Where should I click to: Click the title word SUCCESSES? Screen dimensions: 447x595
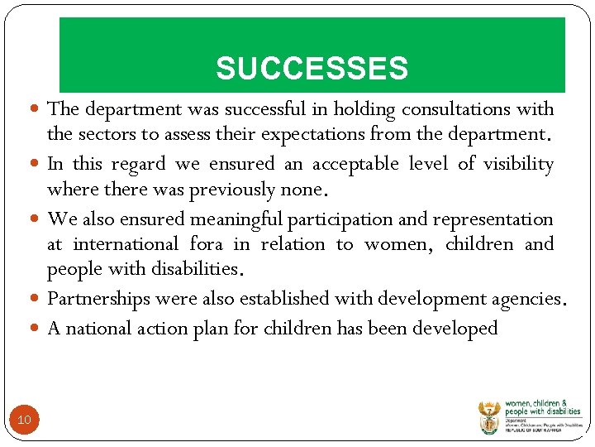tap(312, 69)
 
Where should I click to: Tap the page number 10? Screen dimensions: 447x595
tap(24, 421)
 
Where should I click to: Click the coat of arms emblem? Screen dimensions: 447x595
tap(488, 418)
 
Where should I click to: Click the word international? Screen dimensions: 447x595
tap(125, 244)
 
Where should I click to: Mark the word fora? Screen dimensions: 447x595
tap(206, 244)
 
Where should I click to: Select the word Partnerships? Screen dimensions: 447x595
tap(100, 299)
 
